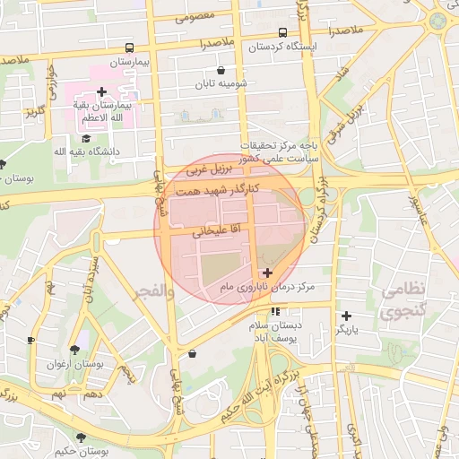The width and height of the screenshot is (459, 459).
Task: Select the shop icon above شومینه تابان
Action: click(221, 70)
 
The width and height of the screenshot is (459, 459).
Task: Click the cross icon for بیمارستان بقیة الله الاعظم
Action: click(101, 91)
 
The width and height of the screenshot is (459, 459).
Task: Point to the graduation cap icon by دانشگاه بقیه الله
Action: click(86, 138)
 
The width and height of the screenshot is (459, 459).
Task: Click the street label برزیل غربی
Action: click(209, 168)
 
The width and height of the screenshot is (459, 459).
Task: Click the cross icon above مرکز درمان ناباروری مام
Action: click(267, 273)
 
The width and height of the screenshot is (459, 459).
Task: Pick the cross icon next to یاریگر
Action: click(346, 316)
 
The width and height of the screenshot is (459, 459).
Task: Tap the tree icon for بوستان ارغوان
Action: click(74, 351)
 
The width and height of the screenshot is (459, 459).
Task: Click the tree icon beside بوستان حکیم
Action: click(81, 437)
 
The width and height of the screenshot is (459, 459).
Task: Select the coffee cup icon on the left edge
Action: click(31, 341)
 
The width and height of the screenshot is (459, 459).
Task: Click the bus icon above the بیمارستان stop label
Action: click(131, 48)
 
